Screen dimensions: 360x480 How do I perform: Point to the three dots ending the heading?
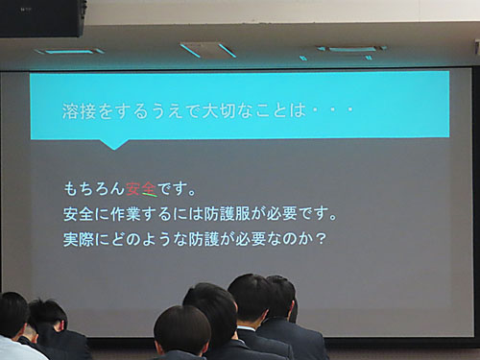(x=332, y=110)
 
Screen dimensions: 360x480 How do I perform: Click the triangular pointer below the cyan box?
(x=114, y=143)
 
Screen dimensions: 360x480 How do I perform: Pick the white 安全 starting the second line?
(x=77, y=213)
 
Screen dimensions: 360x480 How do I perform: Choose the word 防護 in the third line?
(x=207, y=237)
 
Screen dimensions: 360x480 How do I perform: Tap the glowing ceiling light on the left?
(x=69, y=50)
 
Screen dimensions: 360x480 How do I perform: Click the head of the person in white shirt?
(x=12, y=315)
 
